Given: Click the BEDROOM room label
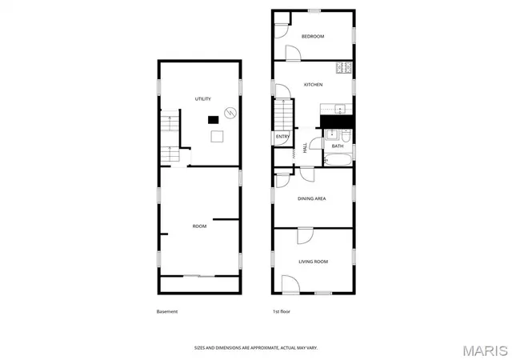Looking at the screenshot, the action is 313,36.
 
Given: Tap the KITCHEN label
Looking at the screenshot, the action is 313,85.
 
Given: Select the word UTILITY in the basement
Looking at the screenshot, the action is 202,99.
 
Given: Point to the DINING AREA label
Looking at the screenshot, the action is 311,198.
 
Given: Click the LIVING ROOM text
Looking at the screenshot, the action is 313,262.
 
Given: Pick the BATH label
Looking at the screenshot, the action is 338,146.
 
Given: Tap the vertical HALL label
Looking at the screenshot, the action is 305,148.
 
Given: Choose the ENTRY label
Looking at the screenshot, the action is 282,137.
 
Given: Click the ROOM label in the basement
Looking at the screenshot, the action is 199,226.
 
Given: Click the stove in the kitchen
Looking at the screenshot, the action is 344,68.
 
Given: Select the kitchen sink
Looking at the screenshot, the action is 340,109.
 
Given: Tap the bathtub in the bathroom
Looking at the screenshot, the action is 338,160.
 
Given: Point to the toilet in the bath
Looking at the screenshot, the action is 346,135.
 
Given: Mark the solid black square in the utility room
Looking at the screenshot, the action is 214,120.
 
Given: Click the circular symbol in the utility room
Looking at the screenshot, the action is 230,113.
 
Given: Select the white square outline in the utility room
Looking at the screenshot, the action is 217,136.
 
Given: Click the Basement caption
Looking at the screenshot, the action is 167,312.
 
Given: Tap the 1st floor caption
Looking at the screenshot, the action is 282,312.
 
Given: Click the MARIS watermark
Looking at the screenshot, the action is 486,351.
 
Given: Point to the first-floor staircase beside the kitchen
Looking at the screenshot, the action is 283,115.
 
